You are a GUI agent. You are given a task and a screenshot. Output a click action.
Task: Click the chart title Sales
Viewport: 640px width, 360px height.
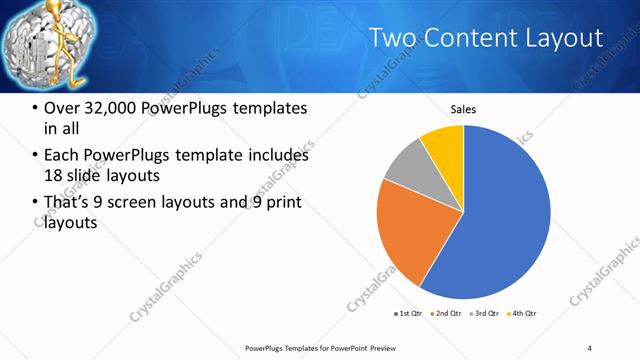(x=463, y=109)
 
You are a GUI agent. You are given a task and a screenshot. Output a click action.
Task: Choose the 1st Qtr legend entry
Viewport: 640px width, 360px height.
(x=408, y=313)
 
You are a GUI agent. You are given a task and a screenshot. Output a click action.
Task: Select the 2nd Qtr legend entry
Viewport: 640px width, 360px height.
(x=445, y=313)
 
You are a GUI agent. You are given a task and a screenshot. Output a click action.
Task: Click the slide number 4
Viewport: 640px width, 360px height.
(x=589, y=347)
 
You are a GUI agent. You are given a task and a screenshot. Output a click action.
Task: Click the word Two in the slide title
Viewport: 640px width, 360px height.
(x=392, y=38)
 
